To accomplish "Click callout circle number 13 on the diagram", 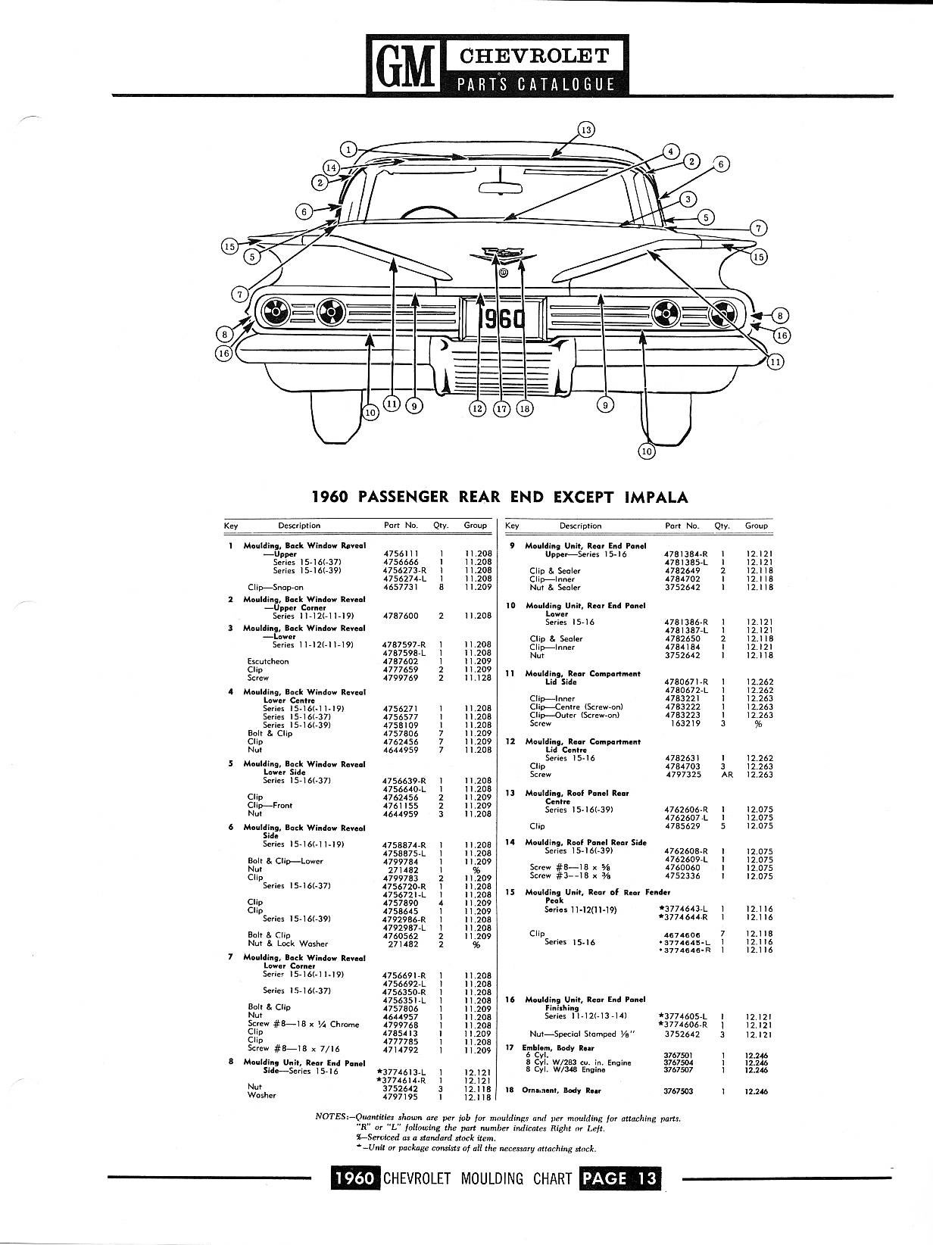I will [x=586, y=129].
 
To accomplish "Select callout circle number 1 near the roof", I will [x=348, y=149].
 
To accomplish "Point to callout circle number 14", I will [x=331, y=167].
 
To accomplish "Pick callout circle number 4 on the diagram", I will [x=670, y=151].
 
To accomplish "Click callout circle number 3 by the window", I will [x=687, y=199].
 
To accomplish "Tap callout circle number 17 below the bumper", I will [x=501, y=408].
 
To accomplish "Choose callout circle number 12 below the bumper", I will [x=476, y=408].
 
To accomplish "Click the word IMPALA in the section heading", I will [x=657, y=497].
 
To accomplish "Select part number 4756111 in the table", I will [x=401, y=554].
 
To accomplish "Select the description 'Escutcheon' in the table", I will [x=267, y=661].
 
